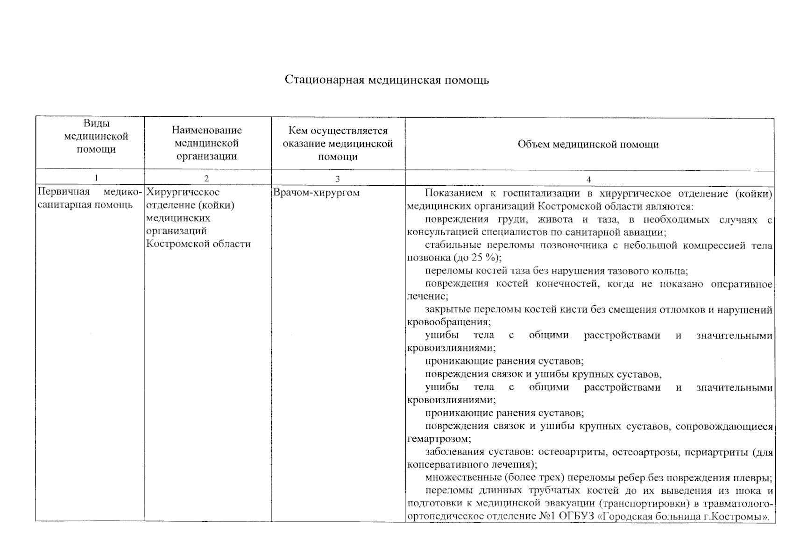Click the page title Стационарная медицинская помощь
point(387,80)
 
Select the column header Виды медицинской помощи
point(96,136)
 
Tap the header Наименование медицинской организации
point(206,143)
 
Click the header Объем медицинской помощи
point(588,144)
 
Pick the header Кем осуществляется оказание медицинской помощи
point(338,144)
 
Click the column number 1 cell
point(96,178)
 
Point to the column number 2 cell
point(206,178)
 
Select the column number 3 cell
point(338,179)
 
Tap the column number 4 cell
point(588,179)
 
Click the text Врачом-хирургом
point(316,192)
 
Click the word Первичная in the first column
point(64,192)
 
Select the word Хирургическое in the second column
point(183,192)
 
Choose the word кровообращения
point(448,322)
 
